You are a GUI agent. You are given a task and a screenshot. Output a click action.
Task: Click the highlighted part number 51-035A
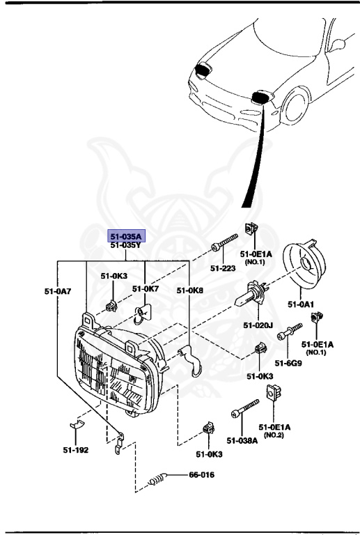[125, 236]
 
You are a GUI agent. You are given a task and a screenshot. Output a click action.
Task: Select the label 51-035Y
[125, 245]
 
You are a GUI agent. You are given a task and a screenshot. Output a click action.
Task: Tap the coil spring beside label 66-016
[159, 480]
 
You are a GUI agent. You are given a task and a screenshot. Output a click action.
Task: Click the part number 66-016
[201, 476]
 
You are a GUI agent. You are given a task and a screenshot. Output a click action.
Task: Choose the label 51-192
[75, 449]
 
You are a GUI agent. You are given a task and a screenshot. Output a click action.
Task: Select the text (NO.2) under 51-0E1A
[272, 435]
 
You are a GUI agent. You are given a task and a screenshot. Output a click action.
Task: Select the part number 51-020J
[258, 325]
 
